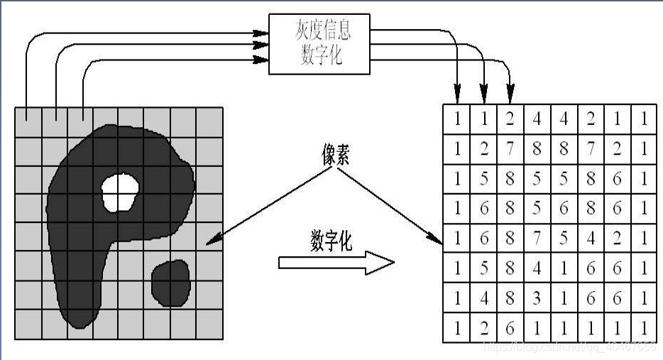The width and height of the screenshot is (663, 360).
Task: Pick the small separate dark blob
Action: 171,282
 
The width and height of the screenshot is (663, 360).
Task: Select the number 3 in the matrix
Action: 537,299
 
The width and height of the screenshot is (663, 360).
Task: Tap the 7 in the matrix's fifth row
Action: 537,239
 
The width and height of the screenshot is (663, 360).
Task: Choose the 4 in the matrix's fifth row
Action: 591,239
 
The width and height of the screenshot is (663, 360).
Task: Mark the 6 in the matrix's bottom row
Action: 510,329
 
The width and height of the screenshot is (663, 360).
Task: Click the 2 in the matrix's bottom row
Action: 484,329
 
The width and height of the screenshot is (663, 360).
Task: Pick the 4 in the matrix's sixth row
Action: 537,269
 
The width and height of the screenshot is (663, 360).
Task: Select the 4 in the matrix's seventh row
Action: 484,299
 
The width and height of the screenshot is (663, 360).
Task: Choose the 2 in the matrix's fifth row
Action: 617,239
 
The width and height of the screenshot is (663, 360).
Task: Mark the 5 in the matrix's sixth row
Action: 484,269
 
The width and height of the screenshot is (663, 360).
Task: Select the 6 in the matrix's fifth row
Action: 484,239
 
